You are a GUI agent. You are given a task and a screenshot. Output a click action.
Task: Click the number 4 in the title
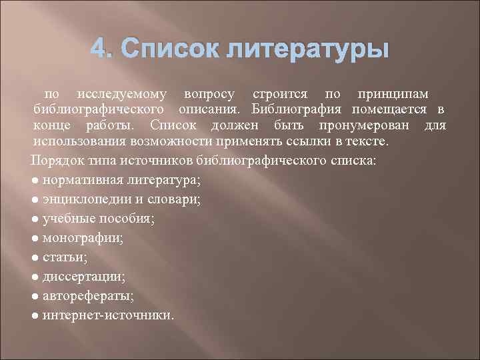[x=98, y=49]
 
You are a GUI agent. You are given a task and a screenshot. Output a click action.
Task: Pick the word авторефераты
[x=87, y=295]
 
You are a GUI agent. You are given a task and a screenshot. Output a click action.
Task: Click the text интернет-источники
[x=107, y=313]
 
